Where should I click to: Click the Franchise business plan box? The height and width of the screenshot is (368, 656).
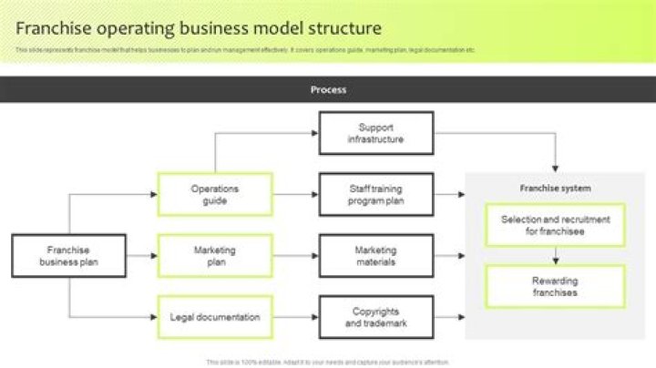pos(69,256)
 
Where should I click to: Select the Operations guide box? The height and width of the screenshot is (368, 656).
pos(215,195)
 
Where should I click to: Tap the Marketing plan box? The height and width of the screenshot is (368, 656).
pos(215,256)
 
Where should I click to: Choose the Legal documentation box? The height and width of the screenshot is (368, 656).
pos(215,317)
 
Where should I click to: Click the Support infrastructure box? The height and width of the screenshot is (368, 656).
pos(375,133)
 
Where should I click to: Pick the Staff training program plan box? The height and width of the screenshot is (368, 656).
pos(375,195)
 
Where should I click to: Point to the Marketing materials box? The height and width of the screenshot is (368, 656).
pos(375,256)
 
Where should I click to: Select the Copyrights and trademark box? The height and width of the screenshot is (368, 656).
pos(375,317)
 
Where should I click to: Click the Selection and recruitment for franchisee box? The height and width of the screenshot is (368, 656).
pos(555,226)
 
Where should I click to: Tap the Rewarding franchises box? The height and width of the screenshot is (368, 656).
pos(555,287)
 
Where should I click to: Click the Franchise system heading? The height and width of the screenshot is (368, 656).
pos(555,189)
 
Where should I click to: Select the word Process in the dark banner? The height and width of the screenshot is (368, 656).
pos(328,90)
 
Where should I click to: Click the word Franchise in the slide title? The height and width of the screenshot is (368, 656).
pos(50,28)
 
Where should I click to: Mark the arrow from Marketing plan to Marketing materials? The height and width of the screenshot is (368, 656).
pos(295,256)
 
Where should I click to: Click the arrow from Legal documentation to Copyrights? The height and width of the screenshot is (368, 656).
pos(295,317)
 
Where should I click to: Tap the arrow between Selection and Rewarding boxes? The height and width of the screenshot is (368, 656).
pos(555,256)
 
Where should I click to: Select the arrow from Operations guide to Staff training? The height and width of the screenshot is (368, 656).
pos(295,195)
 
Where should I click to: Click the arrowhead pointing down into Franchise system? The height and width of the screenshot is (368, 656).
pos(555,168)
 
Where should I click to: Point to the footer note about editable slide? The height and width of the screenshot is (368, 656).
pos(328,362)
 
